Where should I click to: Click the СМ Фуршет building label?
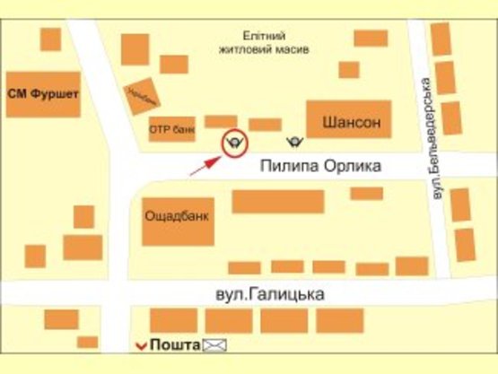click(x=42, y=93)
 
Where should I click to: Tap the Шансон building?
click(x=351, y=121)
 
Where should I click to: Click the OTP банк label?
click(x=171, y=130)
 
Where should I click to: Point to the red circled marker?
click(x=235, y=142)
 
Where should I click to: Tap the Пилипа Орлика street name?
click(x=321, y=166)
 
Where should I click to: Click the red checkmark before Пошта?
click(x=139, y=345)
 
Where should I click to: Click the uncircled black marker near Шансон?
click(x=293, y=141)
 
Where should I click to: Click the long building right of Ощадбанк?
click(x=277, y=201)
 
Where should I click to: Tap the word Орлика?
click(x=354, y=166)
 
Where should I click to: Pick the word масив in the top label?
click(x=292, y=50)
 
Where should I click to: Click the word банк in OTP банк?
click(x=182, y=130)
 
